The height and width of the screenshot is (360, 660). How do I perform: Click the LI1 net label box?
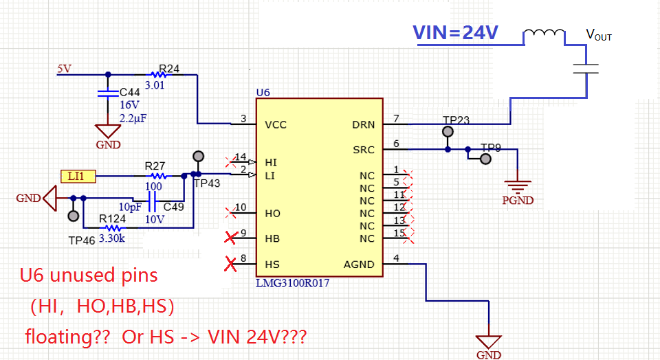point(78,176)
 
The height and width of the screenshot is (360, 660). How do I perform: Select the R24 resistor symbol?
point(159,75)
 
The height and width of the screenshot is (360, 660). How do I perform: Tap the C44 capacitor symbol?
point(108,93)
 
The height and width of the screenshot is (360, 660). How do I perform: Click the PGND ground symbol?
point(517,187)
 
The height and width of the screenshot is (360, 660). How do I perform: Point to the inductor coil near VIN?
point(544,33)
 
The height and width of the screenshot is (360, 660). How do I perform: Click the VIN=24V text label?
point(455,32)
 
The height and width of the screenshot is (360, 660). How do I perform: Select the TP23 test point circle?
point(448,132)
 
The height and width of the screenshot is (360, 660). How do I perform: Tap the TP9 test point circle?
point(486,159)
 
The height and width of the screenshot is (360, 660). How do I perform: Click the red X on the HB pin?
point(230,237)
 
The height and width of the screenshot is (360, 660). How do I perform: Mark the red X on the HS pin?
point(230,264)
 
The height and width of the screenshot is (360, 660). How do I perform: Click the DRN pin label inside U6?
point(363,125)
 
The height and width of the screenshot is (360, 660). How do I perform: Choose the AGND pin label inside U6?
point(359,265)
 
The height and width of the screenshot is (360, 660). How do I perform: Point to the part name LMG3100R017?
point(293,282)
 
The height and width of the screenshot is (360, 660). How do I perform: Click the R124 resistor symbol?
point(113,228)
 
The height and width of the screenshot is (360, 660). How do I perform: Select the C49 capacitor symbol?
point(153,201)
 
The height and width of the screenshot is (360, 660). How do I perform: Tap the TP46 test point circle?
point(74,216)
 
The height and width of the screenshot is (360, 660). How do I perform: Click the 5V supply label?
point(65,69)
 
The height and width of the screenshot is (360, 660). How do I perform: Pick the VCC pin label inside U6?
point(276,125)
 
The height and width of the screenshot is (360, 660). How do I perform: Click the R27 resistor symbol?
point(159,176)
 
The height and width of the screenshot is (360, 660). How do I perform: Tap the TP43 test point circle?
point(198,157)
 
